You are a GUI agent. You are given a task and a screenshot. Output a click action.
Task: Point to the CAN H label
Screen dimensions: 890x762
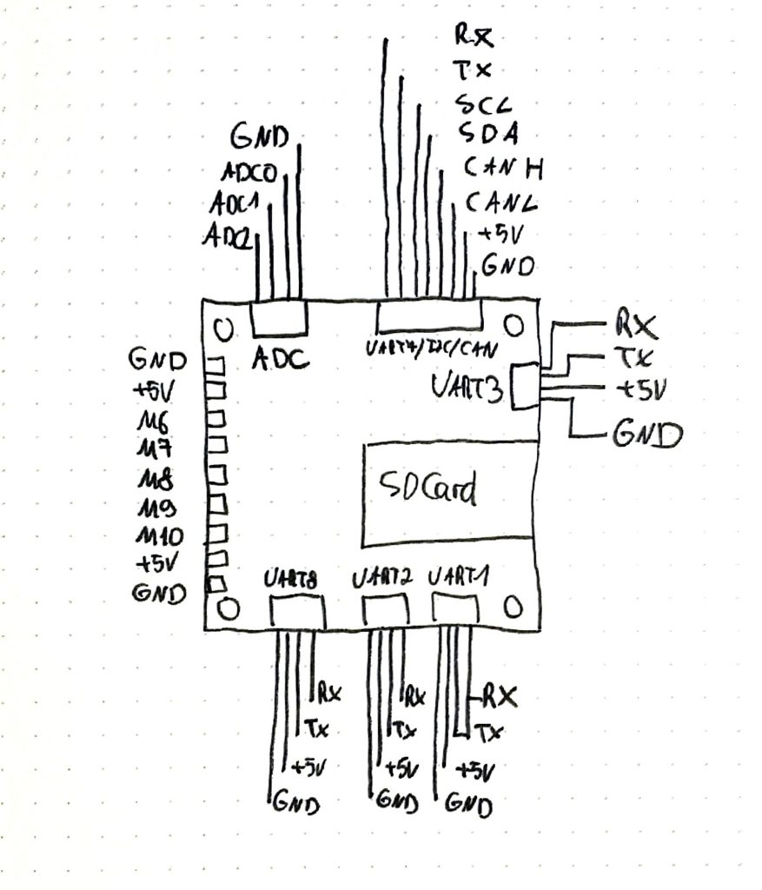[x=502, y=167]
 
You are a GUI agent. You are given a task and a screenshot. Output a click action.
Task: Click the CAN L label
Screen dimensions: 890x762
[x=500, y=203]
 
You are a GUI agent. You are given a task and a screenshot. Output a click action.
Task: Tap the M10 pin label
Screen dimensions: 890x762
[x=159, y=535]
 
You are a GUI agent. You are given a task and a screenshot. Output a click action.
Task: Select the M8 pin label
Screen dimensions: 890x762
[x=155, y=479]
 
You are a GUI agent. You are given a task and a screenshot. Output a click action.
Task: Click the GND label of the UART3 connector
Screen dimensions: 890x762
[x=646, y=433]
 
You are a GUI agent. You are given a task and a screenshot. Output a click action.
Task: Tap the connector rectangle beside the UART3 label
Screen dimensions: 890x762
[x=525, y=386]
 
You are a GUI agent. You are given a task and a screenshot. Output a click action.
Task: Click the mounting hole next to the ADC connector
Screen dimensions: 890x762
[x=224, y=329]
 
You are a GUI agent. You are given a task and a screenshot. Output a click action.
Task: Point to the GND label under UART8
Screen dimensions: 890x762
[x=296, y=802]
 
